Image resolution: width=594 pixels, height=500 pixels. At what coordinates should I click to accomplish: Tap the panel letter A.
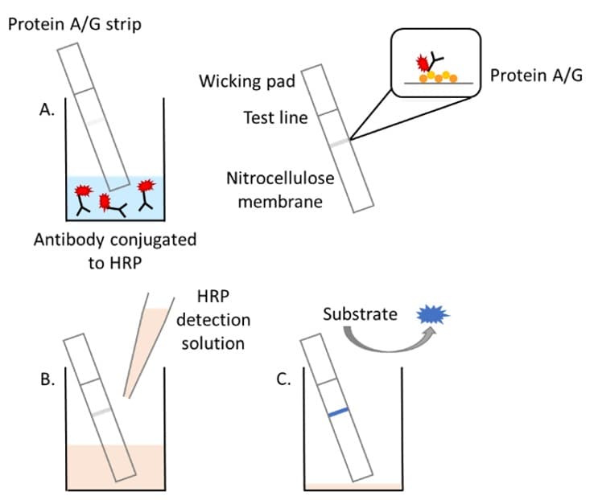[x=46, y=112]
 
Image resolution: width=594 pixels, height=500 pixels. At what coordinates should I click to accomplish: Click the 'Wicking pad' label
[x=248, y=81]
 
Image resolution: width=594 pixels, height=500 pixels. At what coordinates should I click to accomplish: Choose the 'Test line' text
[x=275, y=118]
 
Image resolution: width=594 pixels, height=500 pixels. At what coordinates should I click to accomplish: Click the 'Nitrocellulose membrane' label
[x=280, y=188]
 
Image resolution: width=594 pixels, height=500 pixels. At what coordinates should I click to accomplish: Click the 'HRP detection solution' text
[x=213, y=320]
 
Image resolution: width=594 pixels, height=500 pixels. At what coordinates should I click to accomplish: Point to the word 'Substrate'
[x=360, y=314]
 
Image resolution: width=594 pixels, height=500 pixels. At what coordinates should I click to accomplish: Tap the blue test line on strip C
[x=339, y=412]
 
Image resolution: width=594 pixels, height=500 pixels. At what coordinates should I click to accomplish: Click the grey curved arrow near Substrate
[x=379, y=344]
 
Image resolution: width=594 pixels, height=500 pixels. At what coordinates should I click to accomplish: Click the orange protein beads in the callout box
[x=439, y=78]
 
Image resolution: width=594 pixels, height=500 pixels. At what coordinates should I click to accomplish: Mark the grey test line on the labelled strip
[x=339, y=142]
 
